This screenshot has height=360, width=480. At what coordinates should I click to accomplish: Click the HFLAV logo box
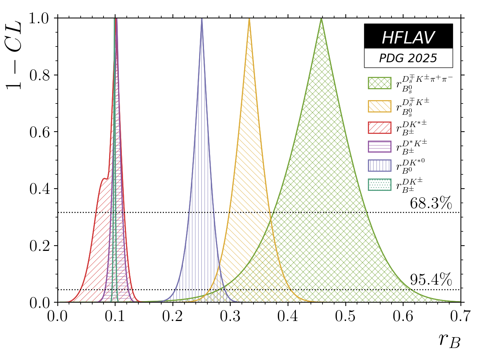pos(408,36)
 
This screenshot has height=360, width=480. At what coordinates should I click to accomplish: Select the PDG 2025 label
pos(408,58)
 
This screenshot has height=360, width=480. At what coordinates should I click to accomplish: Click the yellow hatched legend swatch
pos(379,106)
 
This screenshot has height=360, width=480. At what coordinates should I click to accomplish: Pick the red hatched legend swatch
pos(379,127)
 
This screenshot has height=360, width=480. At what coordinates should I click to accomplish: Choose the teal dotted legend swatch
pos(379,184)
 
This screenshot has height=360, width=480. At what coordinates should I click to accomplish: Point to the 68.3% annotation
pos(430,204)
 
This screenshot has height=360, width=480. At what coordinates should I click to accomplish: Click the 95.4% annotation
pos(430,280)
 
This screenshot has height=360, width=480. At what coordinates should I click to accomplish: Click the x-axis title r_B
pos(449,340)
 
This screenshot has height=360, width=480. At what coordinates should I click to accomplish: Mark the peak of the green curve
pos(321,19)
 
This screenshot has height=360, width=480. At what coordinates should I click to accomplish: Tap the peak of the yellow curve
pos(249,19)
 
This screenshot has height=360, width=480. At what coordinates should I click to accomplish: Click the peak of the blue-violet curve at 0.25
pos(202,19)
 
